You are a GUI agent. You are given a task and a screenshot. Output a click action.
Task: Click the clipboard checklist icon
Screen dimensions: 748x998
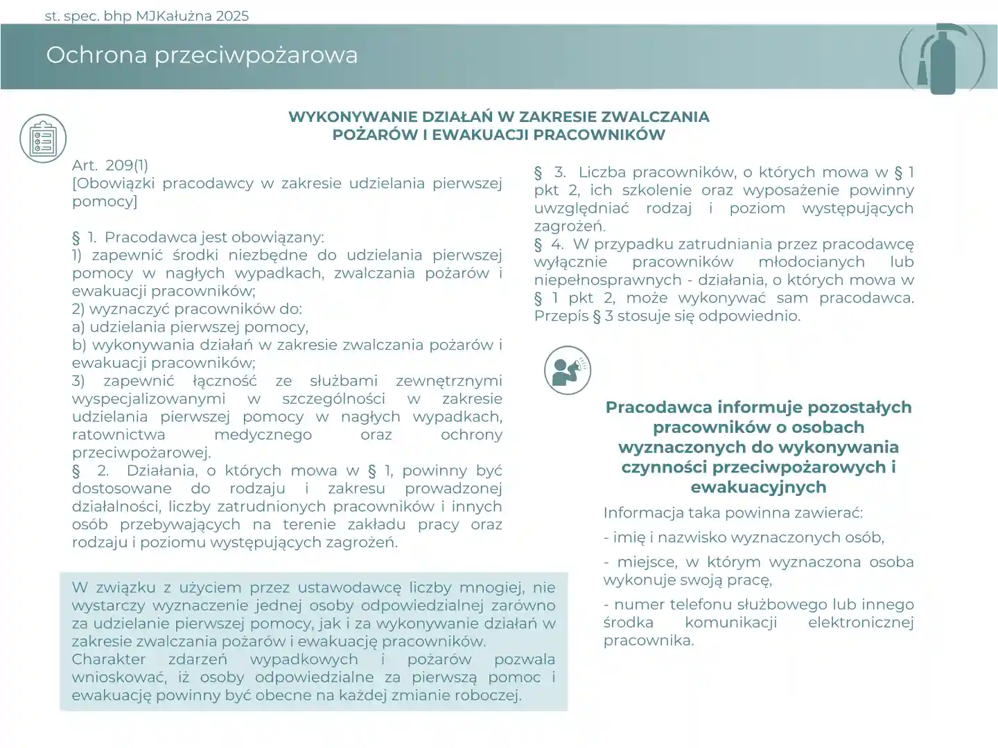tap(43, 139)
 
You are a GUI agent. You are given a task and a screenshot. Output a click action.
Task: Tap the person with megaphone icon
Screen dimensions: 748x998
tap(568, 371)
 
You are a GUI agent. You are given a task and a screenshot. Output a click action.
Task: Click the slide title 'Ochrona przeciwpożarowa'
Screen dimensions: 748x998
tap(202, 55)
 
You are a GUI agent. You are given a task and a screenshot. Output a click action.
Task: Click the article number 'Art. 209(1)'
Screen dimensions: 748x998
tap(110, 165)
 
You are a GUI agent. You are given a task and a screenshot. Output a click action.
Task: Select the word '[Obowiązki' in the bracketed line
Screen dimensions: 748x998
tap(114, 183)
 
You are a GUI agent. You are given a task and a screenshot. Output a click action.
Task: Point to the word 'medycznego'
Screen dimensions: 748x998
tap(263, 434)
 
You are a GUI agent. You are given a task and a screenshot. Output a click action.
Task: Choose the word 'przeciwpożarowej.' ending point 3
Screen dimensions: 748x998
tap(141, 452)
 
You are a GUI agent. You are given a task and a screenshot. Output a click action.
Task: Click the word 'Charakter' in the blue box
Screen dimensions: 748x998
tap(109, 659)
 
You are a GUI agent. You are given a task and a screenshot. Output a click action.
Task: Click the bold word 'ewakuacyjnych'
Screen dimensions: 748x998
tap(758, 487)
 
